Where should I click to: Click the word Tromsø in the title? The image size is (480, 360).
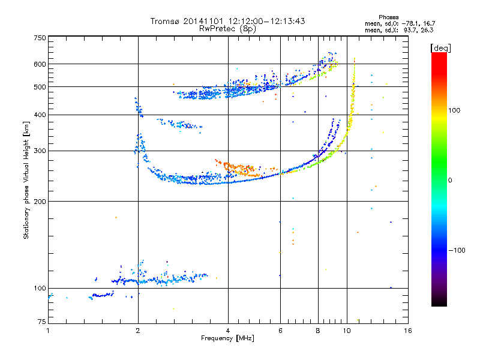(x=164, y=21)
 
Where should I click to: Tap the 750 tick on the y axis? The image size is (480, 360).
(x=40, y=38)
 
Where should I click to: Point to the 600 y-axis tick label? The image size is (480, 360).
(x=40, y=64)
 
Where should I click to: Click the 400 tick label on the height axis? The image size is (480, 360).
(x=40, y=115)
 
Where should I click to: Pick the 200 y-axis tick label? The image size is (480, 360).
(x=40, y=202)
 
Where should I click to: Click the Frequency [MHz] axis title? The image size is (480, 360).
(x=227, y=338)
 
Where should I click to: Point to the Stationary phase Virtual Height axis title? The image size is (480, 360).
(x=26, y=181)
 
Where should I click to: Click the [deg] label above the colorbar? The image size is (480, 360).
(x=441, y=47)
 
